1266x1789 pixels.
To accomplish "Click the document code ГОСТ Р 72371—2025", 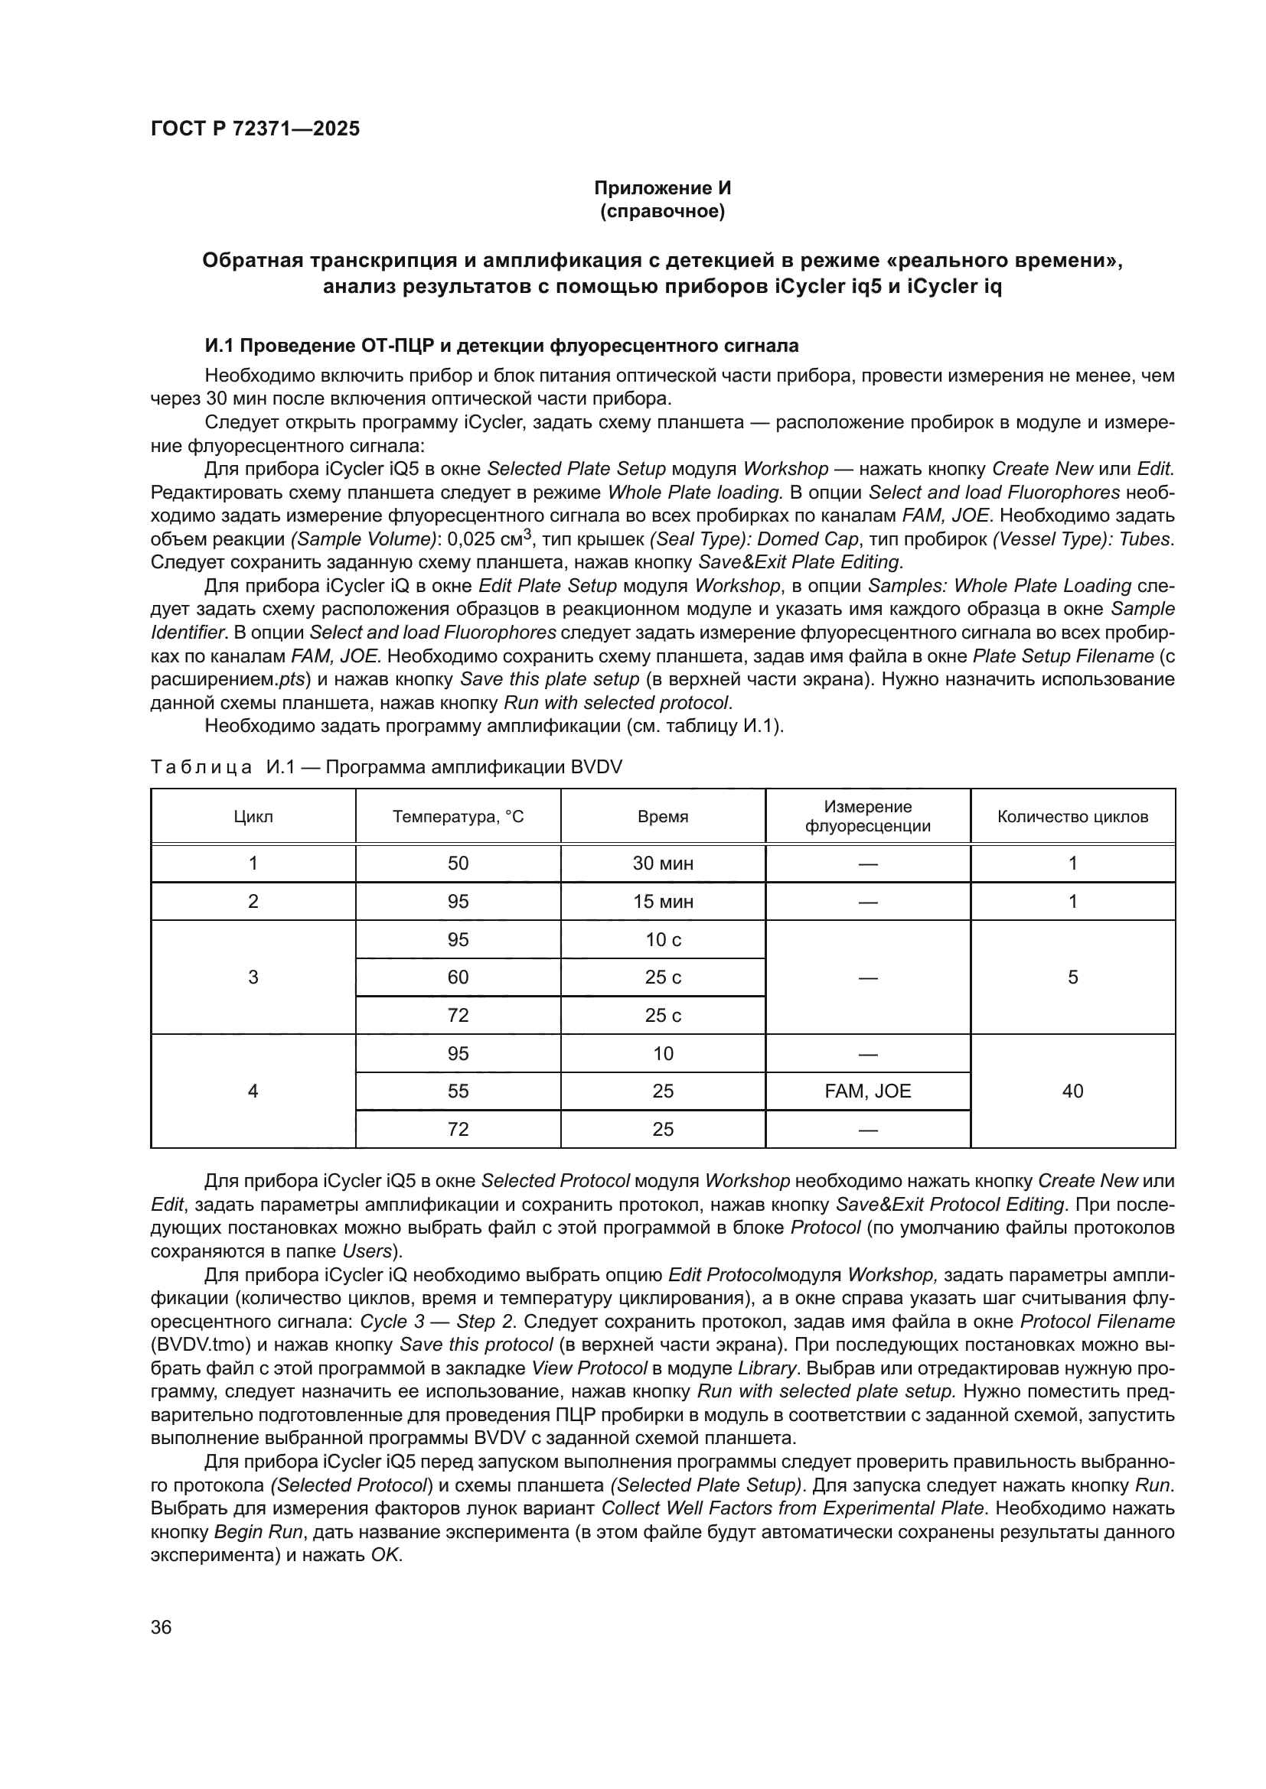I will pyautogui.click(x=255, y=128).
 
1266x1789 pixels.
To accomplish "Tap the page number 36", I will pyautogui.click(x=162, y=1627).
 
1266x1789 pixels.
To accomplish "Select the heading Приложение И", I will pyautogui.click(x=662, y=188).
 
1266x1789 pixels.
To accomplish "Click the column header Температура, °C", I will pyautogui.click(x=458, y=817).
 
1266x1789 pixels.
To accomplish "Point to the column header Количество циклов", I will pyautogui.click(x=1072, y=817).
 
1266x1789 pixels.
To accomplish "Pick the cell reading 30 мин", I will pyautogui.click(x=663, y=864).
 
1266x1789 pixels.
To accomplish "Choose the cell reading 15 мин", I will pyautogui.click(x=663, y=902).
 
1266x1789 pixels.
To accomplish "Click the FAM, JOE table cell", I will pyautogui.click(x=867, y=1091).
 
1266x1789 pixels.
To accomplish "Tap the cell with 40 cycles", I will pyautogui.click(x=1072, y=1091).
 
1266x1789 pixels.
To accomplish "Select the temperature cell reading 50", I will pyautogui.click(x=458, y=864).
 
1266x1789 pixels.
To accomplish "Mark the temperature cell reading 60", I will pyautogui.click(x=458, y=977).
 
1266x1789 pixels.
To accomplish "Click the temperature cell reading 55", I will pyautogui.click(x=458, y=1091).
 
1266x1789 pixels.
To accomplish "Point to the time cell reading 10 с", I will pyautogui.click(x=663, y=940).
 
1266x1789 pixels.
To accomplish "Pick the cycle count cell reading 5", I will pyautogui.click(x=1072, y=977).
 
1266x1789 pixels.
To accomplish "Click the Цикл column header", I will pyautogui.click(x=253, y=817).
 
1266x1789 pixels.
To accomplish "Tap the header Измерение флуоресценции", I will pyautogui.click(x=867, y=817).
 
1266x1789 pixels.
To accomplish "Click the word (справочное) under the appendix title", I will pyautogui.click(x=662, y=211).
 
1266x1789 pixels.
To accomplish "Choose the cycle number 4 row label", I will pyautogui.click(x=253, y=1091).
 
